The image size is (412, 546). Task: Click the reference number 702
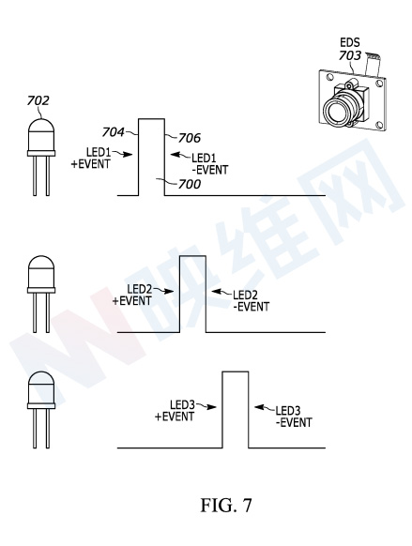pyautogui.click(x=38, y=100)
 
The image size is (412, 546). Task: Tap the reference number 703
pyautogui.click(x=350, y=55)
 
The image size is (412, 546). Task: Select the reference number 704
pyautogui.click(x=113, y=132)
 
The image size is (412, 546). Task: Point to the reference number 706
pyautogui.click(x=190, y=138)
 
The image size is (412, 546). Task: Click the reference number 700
pyautogui.click(x=190, y=184)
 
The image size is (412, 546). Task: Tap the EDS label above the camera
pyautogui.click(x=350, y=42)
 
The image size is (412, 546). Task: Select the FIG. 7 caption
pyautogui.click(x=225, y=506)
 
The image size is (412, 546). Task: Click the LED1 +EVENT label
pyautogui.click(x=91, y=159)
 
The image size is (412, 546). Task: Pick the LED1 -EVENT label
pyautogui.click(x=210, y=164)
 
